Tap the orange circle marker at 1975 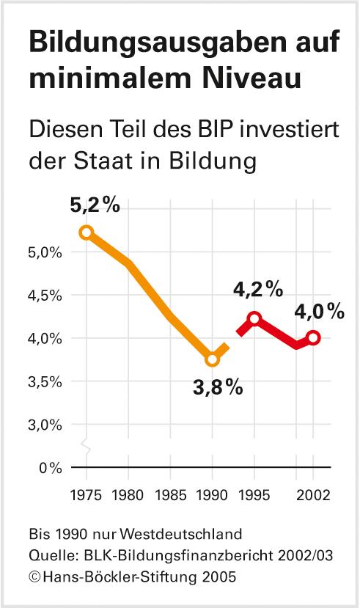(x=87, y=232)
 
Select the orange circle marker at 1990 (x=213, y=359)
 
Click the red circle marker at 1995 (x=254, y=318)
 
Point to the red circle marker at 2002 (x=314, y=337)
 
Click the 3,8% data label (x=218, y=387)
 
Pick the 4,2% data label (x=258, y=290)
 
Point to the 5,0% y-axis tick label (x=46, y=252)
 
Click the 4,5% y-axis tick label (x=46, y=296)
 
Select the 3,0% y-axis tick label (x=46, y=425)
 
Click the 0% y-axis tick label (x=51, y=467)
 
